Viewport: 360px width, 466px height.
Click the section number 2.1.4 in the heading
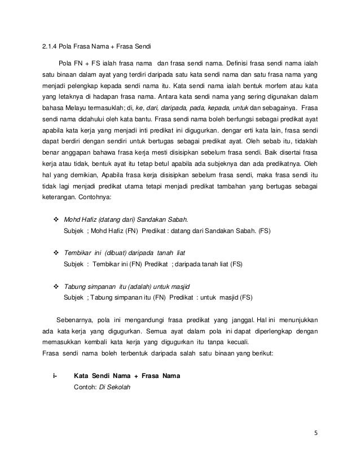[x=51, y=46]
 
